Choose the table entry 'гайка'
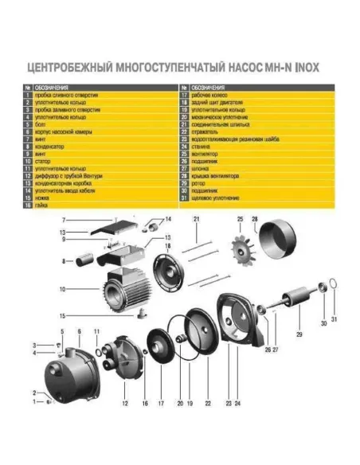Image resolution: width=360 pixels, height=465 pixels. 43,205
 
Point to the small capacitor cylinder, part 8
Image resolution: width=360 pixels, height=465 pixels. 82,260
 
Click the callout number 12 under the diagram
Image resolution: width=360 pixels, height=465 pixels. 125,404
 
